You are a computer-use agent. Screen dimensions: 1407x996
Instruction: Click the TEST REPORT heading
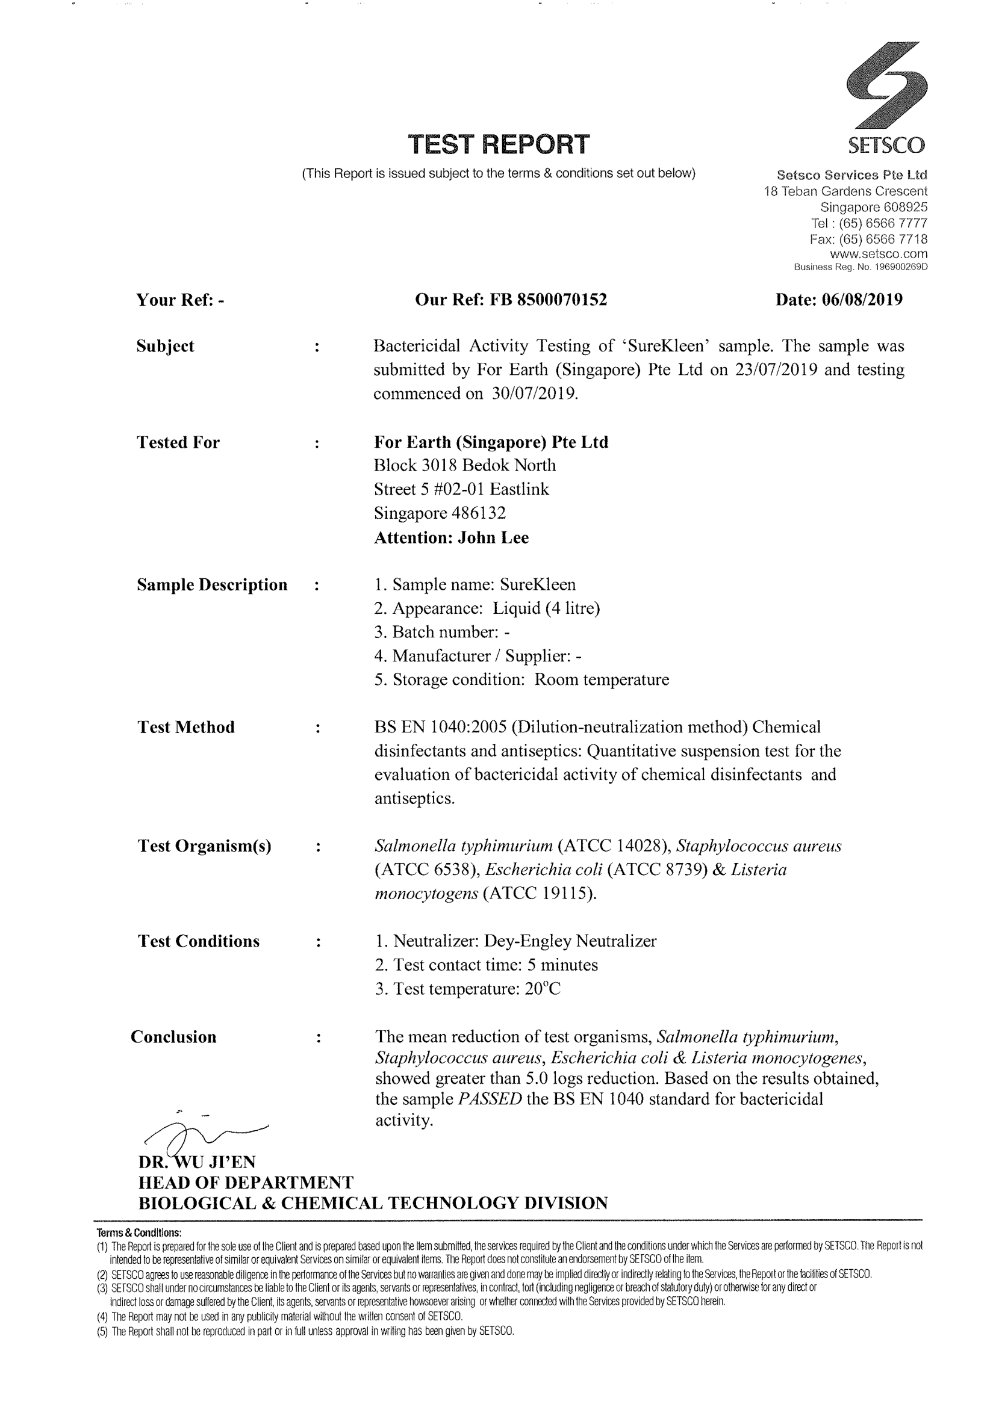499,144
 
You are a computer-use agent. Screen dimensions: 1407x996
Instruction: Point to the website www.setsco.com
878,254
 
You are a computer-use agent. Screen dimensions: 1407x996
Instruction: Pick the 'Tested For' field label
178,442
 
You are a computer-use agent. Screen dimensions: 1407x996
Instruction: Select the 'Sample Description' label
211,585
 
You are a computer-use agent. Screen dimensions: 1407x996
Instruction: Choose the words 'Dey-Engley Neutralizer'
570,941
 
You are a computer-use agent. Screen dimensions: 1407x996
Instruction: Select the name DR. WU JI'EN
196,1162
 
